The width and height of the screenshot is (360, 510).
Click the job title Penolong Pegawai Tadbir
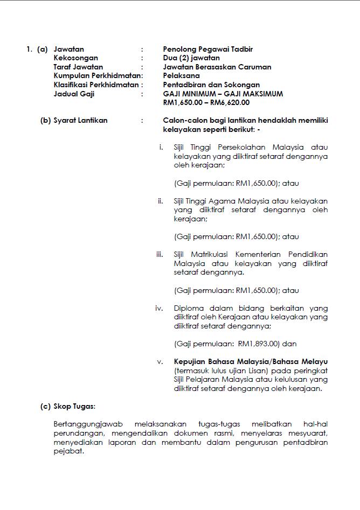[x=207, y=50]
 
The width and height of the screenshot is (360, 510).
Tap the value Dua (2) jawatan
[x=191, y=58]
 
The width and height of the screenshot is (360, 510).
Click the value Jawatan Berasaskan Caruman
[x=217, y=67]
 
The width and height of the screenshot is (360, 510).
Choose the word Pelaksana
[x=181, y=76]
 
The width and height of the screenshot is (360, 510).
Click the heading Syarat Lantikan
[x=80, y=121]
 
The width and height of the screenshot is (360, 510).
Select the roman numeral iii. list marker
[x=159, y=254]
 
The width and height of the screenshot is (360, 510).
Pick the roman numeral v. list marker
[x=160, y=361]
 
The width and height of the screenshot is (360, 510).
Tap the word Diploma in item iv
[x=189, y=308]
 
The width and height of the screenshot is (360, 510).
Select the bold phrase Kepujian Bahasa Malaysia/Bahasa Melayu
[x=251, y=361]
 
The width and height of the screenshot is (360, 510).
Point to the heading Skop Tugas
[x=74, y=407]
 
